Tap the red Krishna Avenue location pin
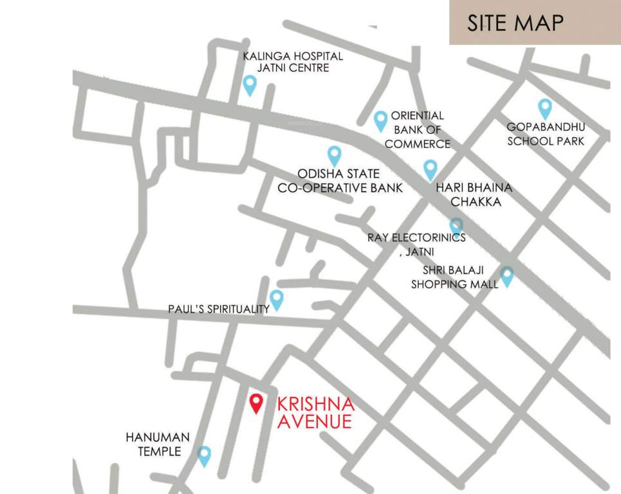click(x=256, y=403)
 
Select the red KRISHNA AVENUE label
click(x=315, y=413)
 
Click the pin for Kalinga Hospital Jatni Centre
click(x=250, y=84)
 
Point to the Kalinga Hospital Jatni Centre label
click(x=293, y=62)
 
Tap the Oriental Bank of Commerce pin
click(x=380, y=120)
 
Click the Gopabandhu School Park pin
click(x=544, y=108)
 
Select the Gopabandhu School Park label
click(x=546, y=133)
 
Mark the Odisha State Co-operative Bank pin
click(x=334, y=155)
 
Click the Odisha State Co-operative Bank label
click(x=340, y=181)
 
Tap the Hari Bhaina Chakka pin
click(x=430, y=170)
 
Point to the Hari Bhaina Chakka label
click(x=474, y=194)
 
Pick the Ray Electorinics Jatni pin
click(x=456, y=225)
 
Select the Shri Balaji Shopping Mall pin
click(x=507, y=276)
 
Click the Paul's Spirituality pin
click(x=277, y=299)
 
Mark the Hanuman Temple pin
click(x=204, y=455)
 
